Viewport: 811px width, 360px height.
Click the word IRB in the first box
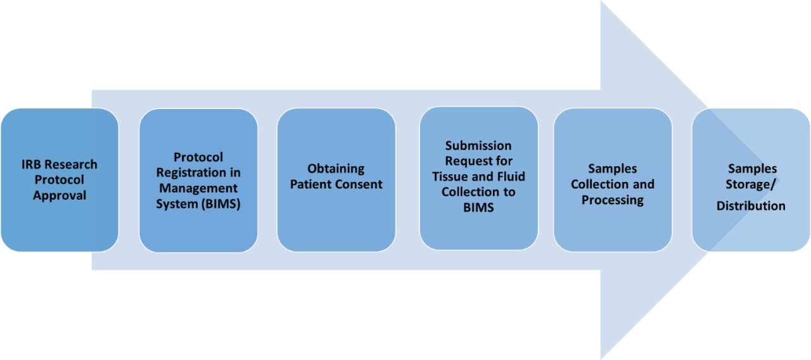tap(30, 165)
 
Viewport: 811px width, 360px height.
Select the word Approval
tap(60, 195)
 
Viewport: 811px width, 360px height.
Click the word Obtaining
tap(336, 169)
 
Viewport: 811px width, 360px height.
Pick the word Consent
tap(360, 184)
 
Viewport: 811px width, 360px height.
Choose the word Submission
tap(478, 146)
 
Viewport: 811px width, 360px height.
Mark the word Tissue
tap(450, 176)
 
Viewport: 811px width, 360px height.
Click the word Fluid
tap(510, 176)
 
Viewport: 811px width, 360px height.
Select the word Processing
tap(612, 200)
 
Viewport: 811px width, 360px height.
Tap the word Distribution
tap(751, 206)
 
